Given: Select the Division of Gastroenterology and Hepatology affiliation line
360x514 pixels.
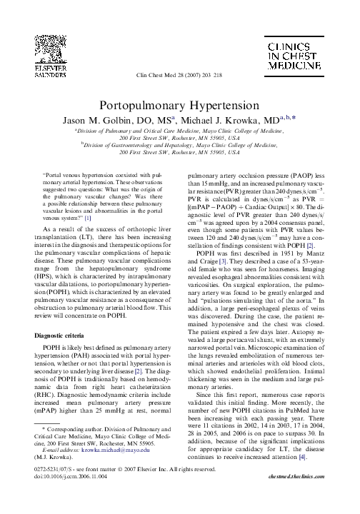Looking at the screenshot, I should [180, 145].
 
